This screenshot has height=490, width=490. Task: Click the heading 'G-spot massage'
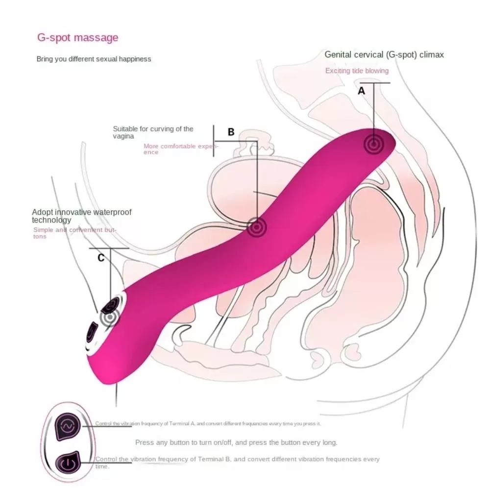[77, 37]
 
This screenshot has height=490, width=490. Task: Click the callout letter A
[362, 91]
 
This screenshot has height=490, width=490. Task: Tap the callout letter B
[231, 132]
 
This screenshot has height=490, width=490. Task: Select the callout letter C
[101, 258]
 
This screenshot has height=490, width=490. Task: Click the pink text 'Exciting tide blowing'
[357, 71]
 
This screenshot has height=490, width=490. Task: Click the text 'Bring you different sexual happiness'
[94, 59]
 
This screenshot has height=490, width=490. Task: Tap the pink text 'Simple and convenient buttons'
[73, 233]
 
